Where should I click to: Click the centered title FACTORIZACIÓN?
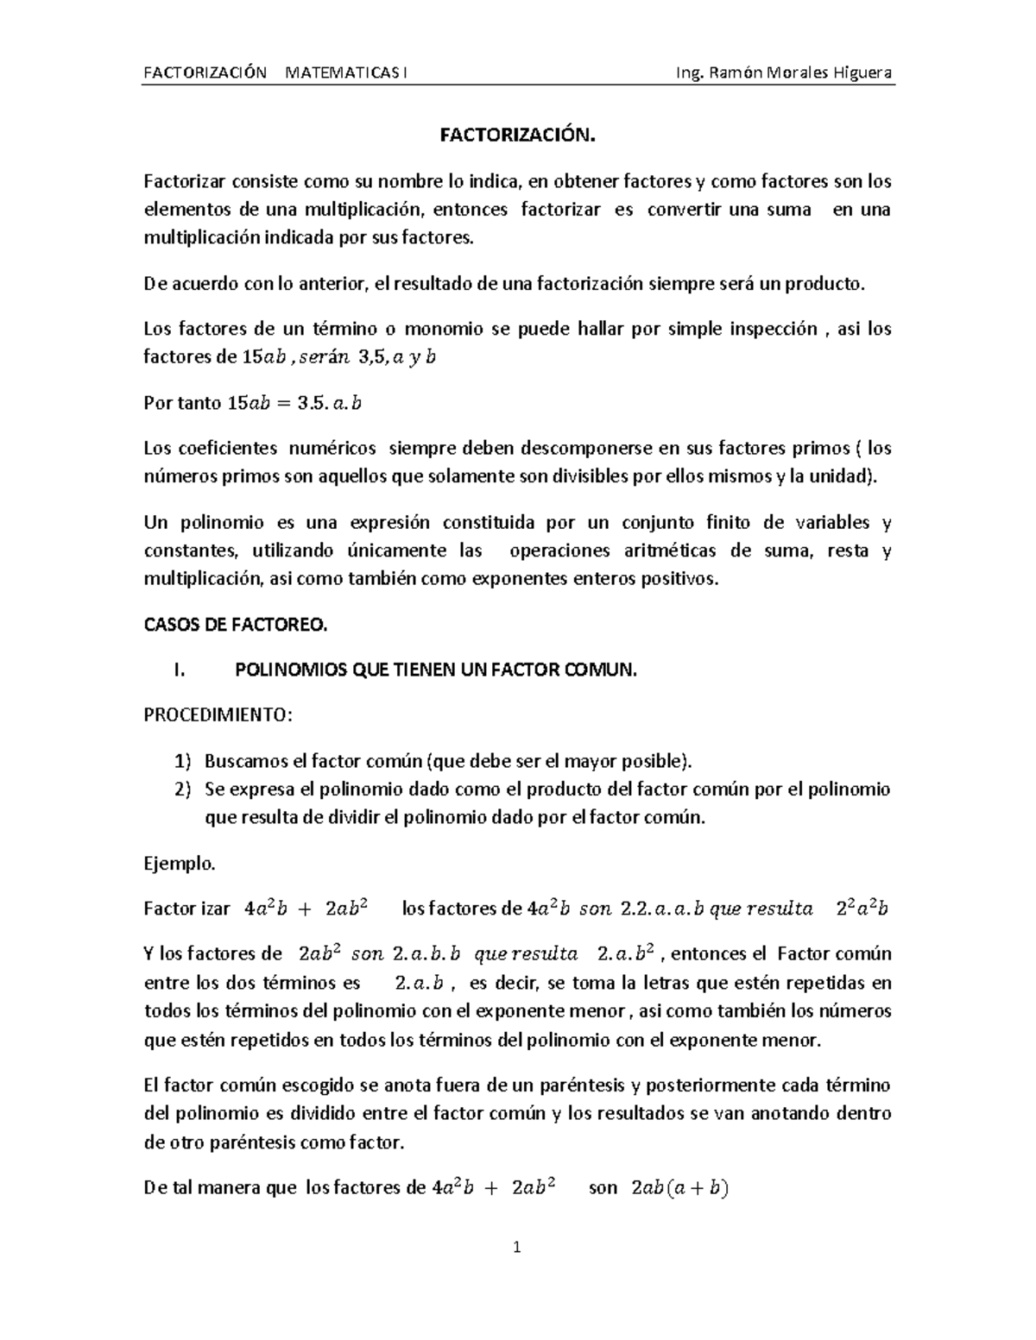point(518,135)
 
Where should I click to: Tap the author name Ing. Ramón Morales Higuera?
point(784,72)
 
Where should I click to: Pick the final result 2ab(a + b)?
point(680,1188)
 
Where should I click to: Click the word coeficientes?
point(228,448)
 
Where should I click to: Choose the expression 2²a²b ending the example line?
point(862,908)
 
